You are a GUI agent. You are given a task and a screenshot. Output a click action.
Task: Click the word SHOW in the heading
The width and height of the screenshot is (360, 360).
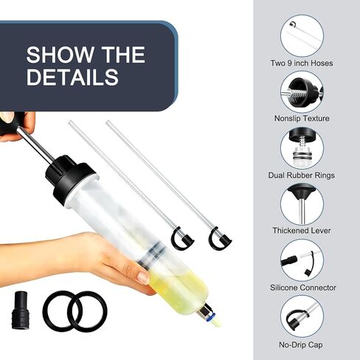click(60, 55)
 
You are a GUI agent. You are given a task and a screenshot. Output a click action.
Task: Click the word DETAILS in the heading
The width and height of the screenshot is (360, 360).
click(72, 77)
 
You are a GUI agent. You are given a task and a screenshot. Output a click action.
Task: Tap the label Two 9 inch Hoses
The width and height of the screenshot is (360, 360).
click(302, 63)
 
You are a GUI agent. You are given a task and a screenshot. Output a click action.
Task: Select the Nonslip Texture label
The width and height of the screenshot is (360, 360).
click(302, 118)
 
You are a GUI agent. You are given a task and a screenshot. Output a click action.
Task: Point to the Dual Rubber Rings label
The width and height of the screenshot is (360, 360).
click(302, 175)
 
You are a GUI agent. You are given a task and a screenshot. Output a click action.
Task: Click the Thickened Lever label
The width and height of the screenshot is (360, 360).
click(302, 230)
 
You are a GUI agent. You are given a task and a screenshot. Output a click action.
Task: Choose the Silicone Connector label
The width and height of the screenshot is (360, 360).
click(303, 288)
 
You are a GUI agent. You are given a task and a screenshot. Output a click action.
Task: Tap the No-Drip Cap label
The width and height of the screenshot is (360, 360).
click(301, 345)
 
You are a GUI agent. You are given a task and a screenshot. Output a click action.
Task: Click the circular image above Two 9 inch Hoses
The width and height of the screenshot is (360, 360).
click(302, 36)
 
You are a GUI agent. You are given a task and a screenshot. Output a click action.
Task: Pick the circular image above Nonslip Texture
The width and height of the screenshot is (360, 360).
click(302, 92)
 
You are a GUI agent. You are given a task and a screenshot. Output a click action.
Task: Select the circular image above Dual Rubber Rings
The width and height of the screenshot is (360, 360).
click(302, 148)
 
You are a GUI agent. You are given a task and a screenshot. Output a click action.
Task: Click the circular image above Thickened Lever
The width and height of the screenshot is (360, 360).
click(302, 204)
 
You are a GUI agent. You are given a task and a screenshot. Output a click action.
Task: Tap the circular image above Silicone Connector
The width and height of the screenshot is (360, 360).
click(302, 260)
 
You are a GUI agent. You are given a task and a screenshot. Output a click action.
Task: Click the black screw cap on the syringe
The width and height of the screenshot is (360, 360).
click(69, 179)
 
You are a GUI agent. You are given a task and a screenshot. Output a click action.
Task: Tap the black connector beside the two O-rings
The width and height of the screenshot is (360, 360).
click(20, 311)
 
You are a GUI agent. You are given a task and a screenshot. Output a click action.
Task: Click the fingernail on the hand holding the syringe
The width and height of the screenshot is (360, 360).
click(143, 277)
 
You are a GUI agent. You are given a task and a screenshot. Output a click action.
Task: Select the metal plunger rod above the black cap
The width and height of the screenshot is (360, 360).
click(35, 145)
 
